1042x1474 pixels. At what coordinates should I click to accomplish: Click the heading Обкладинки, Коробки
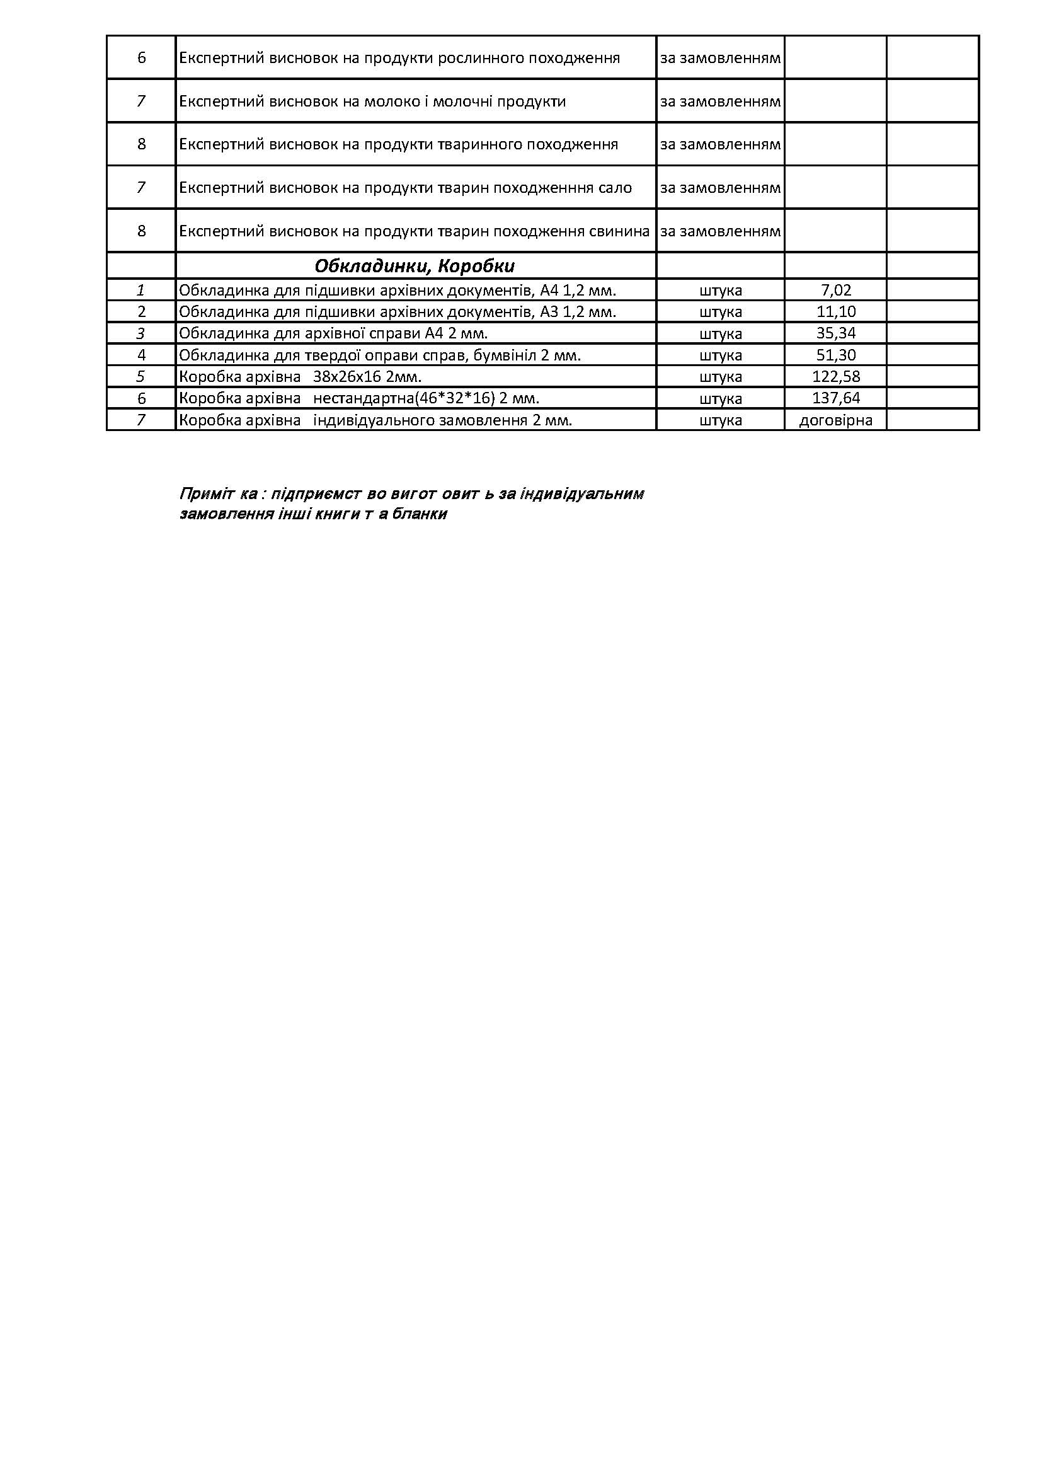tap(415, 266)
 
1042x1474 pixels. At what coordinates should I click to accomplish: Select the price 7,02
tap(835, 290)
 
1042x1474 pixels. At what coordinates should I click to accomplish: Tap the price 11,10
tap(835, 312)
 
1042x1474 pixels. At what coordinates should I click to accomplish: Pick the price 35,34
tap(835, 333)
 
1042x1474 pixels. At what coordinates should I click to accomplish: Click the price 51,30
tap(835, 355)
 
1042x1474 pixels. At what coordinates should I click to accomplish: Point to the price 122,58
tap(835, 376)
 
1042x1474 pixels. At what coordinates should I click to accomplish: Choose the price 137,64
tap(835, 398)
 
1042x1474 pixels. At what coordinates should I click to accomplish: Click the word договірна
tap(835, 420)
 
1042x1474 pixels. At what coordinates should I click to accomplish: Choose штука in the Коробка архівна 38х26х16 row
tap(721, 377)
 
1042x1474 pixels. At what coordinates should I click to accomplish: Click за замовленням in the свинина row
tap(720, 231)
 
